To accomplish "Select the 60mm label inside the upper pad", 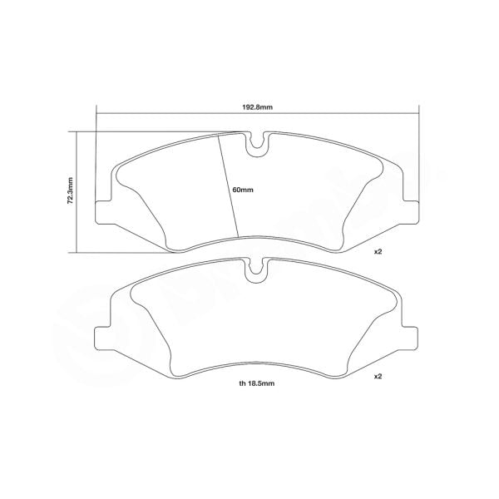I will (x=243, y=190).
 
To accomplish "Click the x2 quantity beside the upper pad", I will (x=377, y=250).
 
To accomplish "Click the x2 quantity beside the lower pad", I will (x=377, y=377).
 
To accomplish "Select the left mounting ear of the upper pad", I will (x=105, y=212).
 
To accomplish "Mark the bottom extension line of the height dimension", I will (x=125, y=251).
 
